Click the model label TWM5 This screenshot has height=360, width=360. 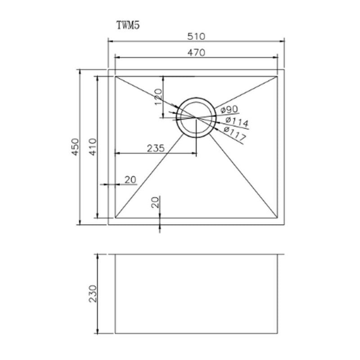point(129,26)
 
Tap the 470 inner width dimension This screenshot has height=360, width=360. point(196,52)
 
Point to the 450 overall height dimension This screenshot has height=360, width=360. point(75,147)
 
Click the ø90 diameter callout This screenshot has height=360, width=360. point(229,110)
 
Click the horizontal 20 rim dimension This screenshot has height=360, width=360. point(130,180)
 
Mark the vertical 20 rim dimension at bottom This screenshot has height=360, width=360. point(156,202)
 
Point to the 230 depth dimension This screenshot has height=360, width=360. point(93,293)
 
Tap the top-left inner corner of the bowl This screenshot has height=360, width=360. point(116,76)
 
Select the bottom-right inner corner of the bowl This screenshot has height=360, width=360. point(277,218)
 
